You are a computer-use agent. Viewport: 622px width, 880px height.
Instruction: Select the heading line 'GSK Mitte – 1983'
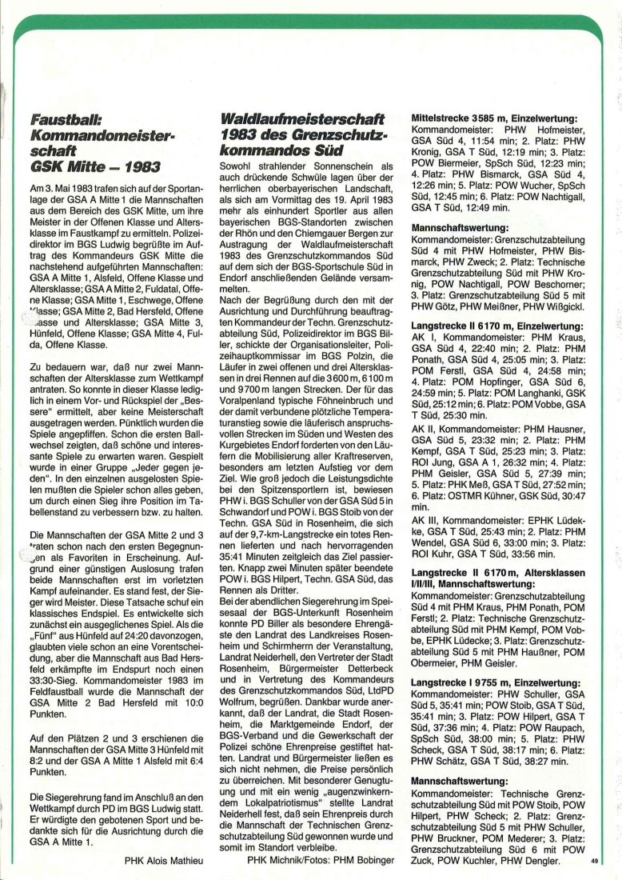pos(94,166)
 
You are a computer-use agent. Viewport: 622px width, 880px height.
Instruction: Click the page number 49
pos(594,862)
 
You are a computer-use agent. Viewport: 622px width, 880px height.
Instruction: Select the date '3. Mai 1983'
pos(62,186)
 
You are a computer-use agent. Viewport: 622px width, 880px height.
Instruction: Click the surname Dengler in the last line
pos(555,860)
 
